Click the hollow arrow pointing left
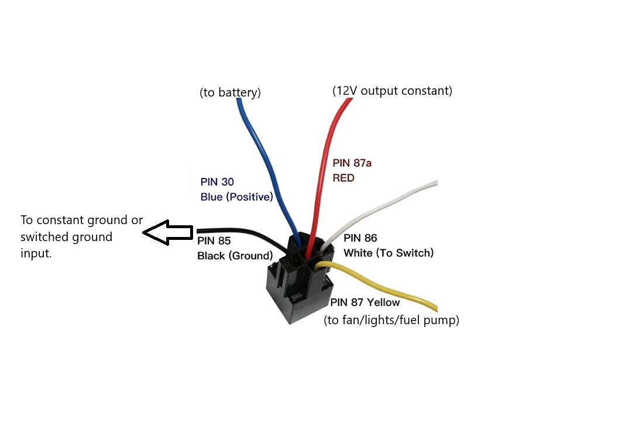(x=167, y=232)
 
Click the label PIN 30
(x=216, y=182)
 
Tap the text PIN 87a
(x=352, y=163)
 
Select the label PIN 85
(x=214, y=241)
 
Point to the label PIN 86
(x=360, y=238)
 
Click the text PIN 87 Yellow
(x=365, y=302)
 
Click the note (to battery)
(x=230, y=92)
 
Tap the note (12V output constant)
(x=392, y=91)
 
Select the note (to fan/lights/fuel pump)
(x=391, y=320)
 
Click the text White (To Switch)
(x=389, y=253)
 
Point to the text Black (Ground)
(x=235, y=256)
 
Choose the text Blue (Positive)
(x=236, y=197)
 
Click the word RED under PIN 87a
(x=343, y=177)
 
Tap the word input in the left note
(x=36, y=254)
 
